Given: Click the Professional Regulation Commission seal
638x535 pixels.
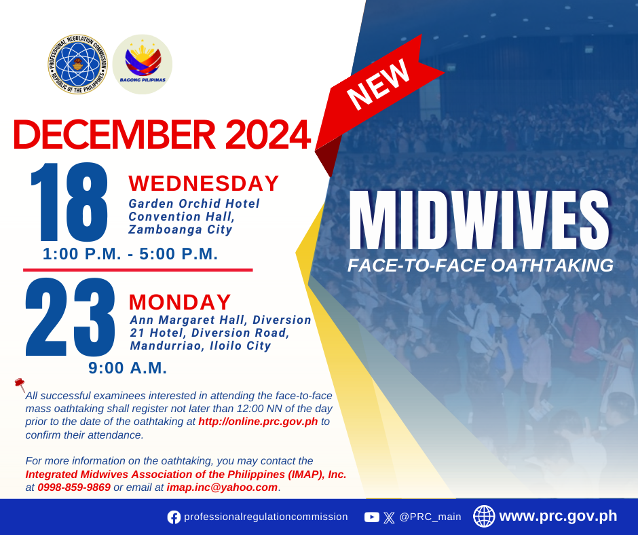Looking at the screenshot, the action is (x=78, y=64).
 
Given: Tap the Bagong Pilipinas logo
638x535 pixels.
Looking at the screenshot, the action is (x=143, y=64).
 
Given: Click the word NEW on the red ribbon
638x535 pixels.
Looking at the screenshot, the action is (x=378, y=84).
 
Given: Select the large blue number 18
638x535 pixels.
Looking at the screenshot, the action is (x=69, y=202).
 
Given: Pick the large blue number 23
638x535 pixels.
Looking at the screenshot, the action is (x=70, y=317).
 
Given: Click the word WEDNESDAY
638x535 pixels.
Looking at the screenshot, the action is (x=204, y=183).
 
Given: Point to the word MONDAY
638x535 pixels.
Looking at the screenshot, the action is (x=180, y=302).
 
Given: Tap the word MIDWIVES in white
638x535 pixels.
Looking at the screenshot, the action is (x=479, y=220).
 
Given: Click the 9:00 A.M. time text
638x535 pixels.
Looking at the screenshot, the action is (x=128, y=368).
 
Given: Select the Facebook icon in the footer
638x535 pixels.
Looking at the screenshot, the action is (x=174, y=517).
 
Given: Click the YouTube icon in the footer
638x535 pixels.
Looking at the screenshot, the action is (x=371, y=517).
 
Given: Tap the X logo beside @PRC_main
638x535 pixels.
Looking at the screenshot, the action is (x=389, y=517).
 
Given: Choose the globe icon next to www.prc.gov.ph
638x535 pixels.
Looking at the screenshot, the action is (x=484, y=516).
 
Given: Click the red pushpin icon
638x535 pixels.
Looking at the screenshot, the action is (x=20, y=384).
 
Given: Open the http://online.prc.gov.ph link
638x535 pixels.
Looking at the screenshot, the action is (x=258, y=422).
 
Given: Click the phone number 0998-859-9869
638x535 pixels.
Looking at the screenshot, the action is (x=74, y=487).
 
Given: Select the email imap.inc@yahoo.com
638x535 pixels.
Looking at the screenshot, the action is (x=222, y=487).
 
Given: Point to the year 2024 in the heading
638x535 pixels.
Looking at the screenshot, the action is (x=268, y=134).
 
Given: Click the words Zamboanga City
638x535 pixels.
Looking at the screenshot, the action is (x=181, y=229).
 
